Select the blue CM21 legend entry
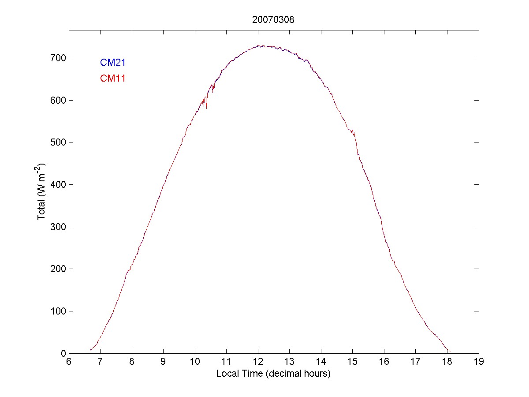113,63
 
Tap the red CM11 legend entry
113,79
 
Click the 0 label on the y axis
63,353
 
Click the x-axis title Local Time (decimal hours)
273,374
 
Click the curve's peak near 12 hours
260,45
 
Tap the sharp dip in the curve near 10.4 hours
206,108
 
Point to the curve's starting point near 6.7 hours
90,350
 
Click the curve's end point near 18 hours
450,352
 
